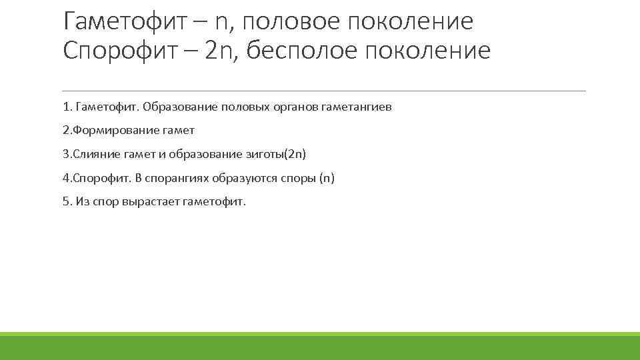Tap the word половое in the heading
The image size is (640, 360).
coord(301,21)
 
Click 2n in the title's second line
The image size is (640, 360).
coord(220,51)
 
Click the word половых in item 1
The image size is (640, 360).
coord(245,107)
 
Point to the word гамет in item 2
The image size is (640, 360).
coord(179,131)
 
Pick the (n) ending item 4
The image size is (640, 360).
coord(327,178)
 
